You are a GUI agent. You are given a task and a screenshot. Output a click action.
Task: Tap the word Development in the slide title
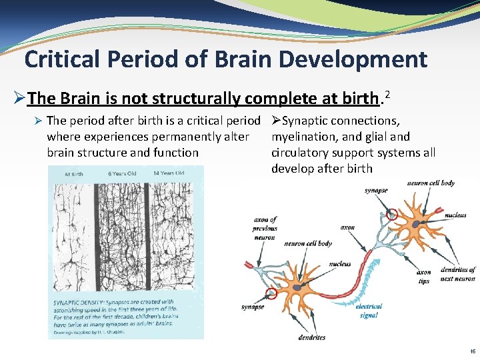click(353, 59)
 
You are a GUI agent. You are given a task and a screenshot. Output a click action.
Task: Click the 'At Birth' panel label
click(74, 174)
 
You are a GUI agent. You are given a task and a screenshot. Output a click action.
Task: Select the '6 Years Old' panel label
click(121, 174)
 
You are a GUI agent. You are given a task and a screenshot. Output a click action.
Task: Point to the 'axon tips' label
click(423, 276)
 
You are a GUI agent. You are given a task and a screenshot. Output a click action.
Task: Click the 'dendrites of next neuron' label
click(457, 274)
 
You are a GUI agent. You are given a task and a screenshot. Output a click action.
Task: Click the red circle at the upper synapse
click(392, 214)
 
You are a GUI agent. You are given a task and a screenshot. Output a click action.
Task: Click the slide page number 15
click(472, 351)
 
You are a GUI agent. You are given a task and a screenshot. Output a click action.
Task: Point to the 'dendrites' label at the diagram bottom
click(312, 337)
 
